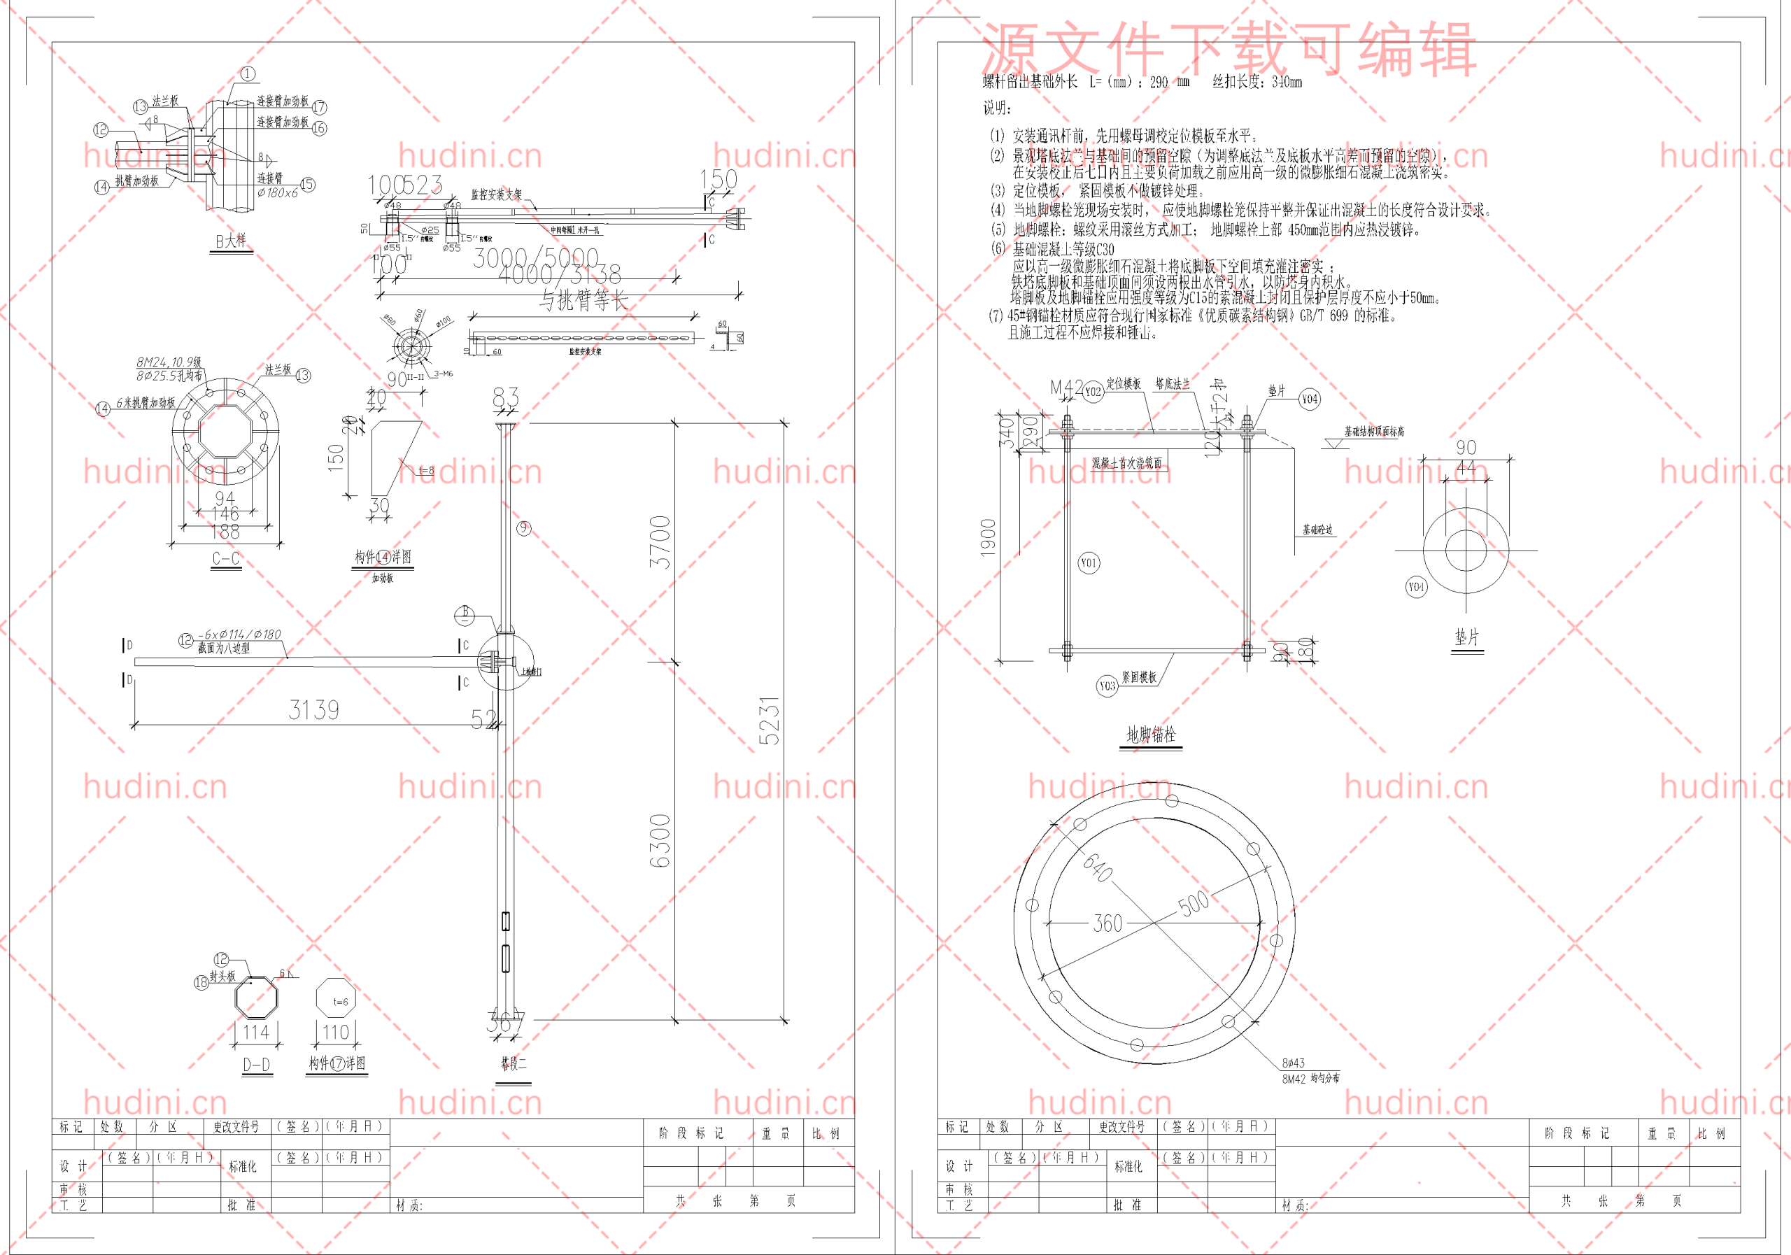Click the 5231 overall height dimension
[769, 720]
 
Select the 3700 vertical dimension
[660, 541]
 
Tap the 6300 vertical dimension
[660, 841]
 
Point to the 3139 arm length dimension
[313, 710]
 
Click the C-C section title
[225, 558]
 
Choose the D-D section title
[257, 1065]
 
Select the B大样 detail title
[231, 241]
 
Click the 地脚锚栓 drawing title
[1151, 734]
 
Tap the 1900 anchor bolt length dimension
[989, 537]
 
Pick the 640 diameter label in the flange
[1098, 867]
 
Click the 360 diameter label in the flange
[1107, 923]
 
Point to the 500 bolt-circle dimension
[1194, 903]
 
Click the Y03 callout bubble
[1107, 686]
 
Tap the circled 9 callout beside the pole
[523, 528]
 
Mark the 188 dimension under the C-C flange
[225, 532]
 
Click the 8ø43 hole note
[1294, 1063]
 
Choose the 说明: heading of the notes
[996, 108]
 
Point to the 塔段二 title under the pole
[514, 1063]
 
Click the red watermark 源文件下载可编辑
[1228, 48]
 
